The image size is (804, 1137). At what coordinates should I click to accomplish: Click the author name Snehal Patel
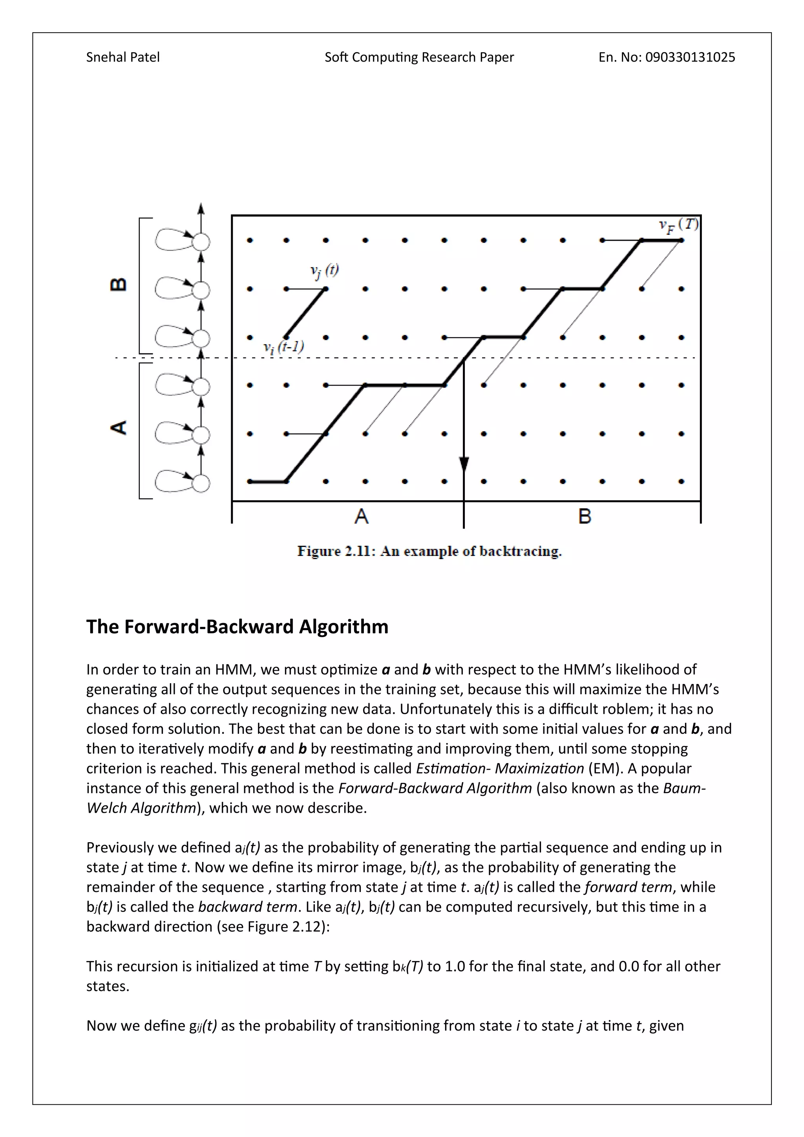coord(123,57)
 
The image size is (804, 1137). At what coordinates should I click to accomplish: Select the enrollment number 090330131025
coord(690,57)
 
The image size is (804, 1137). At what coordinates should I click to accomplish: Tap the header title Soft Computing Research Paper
coord(419,57)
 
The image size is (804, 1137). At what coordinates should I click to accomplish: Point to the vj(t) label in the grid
coord(324,271)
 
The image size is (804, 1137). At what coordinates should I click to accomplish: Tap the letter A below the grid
coord(362,517)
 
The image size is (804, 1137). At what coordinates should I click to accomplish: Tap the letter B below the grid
coord(585,517)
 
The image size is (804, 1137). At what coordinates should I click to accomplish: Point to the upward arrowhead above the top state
coord(201,208)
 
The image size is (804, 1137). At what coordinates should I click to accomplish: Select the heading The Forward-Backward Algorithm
coord(237,627)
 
